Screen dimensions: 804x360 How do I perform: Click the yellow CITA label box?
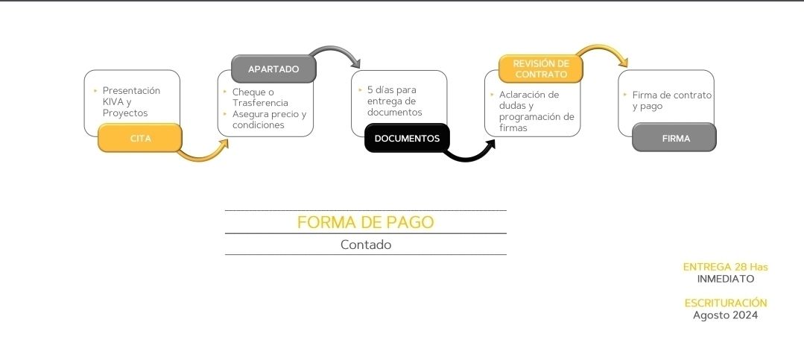coord(140,138)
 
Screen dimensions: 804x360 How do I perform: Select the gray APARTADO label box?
coord(273,69)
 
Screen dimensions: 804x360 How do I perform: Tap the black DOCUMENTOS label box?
coord(407,138)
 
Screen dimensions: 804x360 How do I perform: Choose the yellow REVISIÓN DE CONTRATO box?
coord(541,69)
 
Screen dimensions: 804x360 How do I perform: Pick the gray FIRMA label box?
coord(674,138)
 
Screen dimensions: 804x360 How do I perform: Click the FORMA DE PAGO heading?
coord(366,222)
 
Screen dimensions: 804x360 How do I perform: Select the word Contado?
coord(366,244)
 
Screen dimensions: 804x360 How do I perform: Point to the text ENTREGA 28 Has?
coord(726,267)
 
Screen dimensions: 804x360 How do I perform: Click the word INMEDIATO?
coord(726,279)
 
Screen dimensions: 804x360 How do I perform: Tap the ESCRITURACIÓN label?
coord(726,303)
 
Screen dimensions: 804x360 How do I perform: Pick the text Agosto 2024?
coord(726,315)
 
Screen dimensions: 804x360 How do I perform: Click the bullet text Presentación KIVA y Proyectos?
coord(131,101)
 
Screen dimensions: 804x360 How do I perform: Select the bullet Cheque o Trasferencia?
coord(260,98)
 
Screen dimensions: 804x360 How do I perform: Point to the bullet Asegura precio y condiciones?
coord(269,119)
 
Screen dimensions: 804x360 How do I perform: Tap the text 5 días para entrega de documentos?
coord(394,101)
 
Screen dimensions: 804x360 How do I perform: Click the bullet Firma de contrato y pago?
coord(671,101)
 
